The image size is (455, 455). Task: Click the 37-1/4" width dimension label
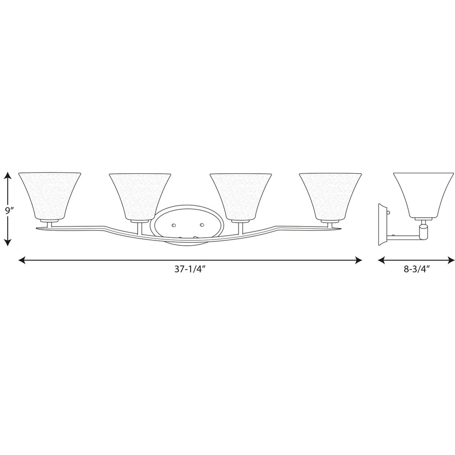pyautogui.click(x=190, y=269)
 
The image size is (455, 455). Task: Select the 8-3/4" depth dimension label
pyautogui.click(x=416, y=269)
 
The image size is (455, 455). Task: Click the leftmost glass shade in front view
pyautogui.click(x=50, y=196)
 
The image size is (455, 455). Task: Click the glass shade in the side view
pyautogui.click(x=423, y=195)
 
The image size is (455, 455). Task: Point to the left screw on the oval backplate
pyautogui.click(x=174, y=225)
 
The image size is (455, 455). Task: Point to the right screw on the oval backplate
pyautogui.click(x=202, y=225)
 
